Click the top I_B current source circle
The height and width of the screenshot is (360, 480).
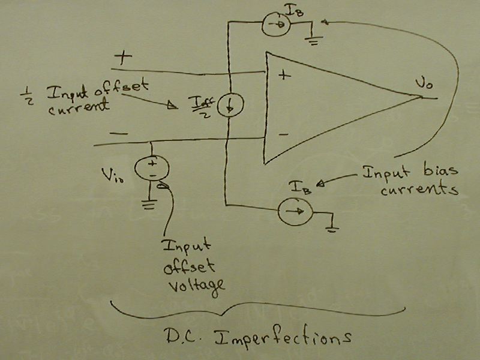(276, 24)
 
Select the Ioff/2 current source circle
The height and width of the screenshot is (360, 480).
(227, 107)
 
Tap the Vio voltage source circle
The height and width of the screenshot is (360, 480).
(151, 166)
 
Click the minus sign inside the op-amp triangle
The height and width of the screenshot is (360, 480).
(284, 134)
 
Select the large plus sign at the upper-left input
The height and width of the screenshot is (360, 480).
(124, 58)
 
